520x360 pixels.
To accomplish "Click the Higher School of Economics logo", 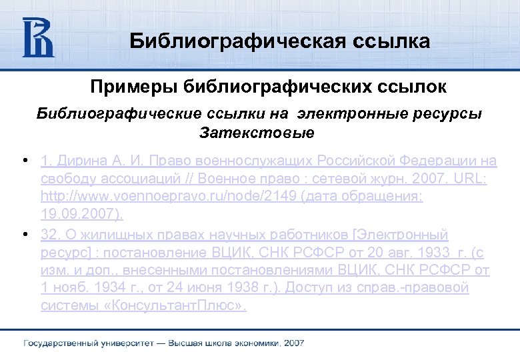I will pos(38,37).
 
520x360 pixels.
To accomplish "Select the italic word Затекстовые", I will pos(257,133).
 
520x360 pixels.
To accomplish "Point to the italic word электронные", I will pos(339,114).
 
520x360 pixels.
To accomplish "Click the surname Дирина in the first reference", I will pos(81,161).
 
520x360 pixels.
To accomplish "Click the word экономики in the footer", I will pos(257,343).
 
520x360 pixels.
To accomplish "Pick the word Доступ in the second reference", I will pos(295,289).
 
